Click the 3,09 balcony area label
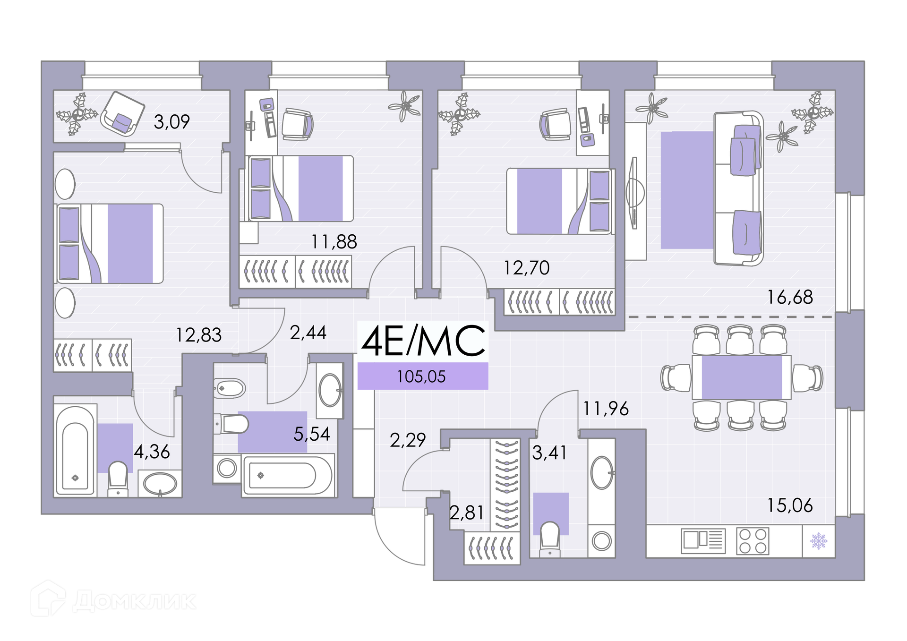pos(171,122)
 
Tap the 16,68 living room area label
pos(790,297)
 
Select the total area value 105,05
pos(421,376)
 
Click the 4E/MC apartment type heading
pos(423,341)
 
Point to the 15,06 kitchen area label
pos(790,505)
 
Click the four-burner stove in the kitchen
pos(753,541)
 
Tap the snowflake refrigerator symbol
pos(819,541)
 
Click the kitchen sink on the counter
pos(703,541)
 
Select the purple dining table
pos(741,377)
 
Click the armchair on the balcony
pos(122,114)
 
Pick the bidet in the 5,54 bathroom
pos(230,388)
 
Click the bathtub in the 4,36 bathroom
pos(76,450)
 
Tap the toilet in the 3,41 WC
pos(550,538)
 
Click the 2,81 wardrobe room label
pos(467,513)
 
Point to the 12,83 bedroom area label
pos(199,335)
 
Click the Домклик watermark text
pos(134,601)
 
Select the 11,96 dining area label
pos(606,409)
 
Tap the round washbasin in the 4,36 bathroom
pos(160,484)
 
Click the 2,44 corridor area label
pos(308,333)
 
